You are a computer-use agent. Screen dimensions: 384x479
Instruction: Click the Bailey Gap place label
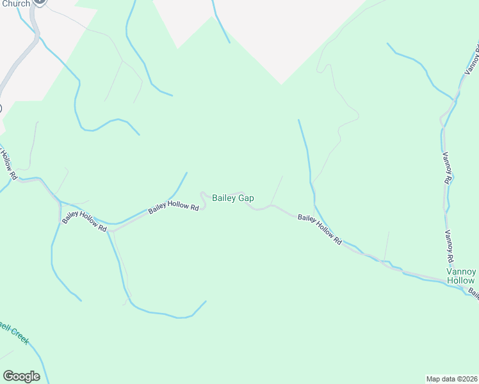[232, 198]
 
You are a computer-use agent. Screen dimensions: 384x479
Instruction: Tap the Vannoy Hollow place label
[460, 276]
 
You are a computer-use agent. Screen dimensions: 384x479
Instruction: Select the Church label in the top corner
[15, 4]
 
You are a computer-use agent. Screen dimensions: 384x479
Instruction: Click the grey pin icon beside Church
[40, 2]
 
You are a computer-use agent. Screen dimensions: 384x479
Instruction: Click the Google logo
[21, 376]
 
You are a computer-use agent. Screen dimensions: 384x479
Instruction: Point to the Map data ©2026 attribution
[451, 378]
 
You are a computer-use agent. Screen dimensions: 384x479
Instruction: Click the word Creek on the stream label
[19, 334]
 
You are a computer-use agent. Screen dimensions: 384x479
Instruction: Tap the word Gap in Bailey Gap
[247, 198]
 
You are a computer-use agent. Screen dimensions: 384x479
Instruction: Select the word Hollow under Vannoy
[460, 281]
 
